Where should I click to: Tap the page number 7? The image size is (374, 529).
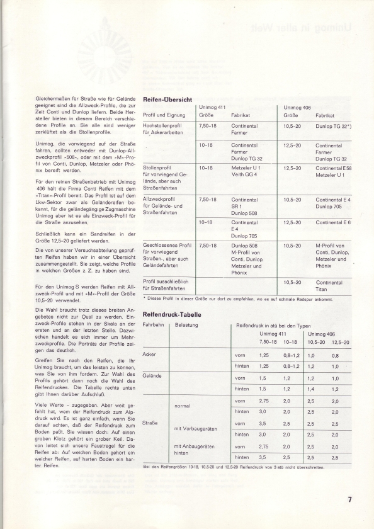click(x=348, y=501)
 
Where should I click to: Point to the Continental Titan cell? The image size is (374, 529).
click(x=329, y=286)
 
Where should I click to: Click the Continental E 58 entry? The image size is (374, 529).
click(x=334, y=168)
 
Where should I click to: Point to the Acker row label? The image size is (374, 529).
click(x=150, y=355)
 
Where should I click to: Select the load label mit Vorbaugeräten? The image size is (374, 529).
click(x=195, y=428)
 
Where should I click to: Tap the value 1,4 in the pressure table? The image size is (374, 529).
click(x=310, y=390)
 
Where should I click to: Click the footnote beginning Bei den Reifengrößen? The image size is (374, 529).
click(x=234, y=467)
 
